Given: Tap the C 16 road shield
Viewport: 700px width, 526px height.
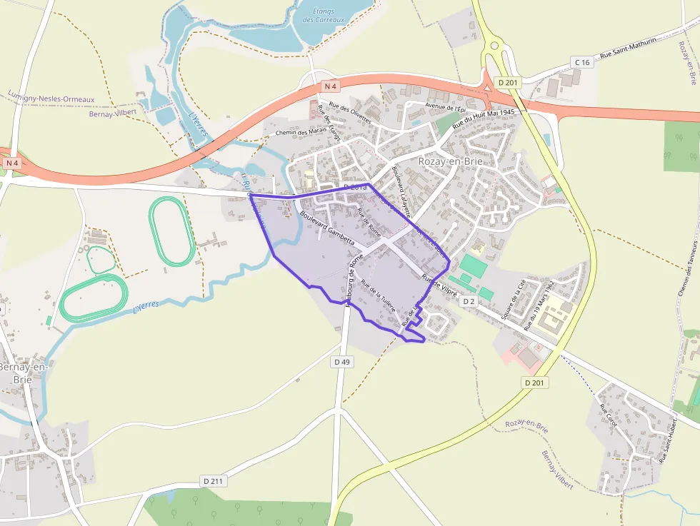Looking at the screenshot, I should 583,63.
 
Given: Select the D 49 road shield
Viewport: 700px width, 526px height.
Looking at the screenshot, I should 342,363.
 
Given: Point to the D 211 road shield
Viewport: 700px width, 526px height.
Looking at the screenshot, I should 213,481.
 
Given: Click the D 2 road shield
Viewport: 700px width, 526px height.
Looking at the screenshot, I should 469,301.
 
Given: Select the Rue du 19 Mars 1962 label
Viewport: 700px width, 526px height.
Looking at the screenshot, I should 539,304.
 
